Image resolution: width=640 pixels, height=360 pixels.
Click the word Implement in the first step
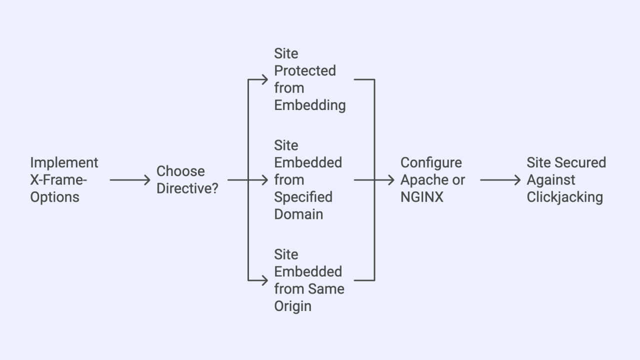point(64,162)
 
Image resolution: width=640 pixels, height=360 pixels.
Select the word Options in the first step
point(54,196)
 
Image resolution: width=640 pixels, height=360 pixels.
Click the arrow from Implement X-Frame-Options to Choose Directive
point(129,179)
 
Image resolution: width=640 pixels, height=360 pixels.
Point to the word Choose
point(180,171)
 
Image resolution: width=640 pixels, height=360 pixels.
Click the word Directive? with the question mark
point(187,188)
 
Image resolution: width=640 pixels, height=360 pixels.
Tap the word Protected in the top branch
point(305,70)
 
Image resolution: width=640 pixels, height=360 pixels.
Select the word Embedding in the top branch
point(310,105)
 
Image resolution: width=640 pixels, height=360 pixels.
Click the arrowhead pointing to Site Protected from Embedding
point(265,79)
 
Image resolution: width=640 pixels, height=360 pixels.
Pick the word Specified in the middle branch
point(303,196)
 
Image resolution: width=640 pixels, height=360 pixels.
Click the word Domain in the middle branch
point(298,214)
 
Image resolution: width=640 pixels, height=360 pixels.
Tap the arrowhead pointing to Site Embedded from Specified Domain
point(265,179)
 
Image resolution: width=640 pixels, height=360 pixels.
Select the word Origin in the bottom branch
point(292,306)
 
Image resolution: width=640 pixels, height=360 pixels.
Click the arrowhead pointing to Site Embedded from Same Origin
point(265,280)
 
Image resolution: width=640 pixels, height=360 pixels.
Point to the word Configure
point(431,162)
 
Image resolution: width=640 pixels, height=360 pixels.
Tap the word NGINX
point(422,196)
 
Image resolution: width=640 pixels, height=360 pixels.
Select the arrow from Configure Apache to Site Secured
point(500,179)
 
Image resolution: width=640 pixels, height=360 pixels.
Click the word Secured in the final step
point(582,162)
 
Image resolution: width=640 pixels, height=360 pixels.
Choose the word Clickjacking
point(564,196)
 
